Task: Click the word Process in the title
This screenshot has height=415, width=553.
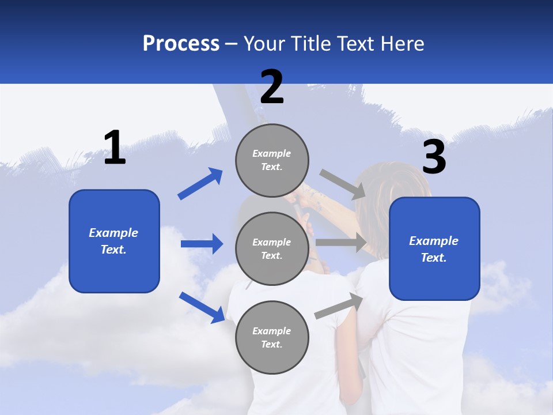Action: coord(181,44)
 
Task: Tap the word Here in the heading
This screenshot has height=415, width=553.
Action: coord(403,44)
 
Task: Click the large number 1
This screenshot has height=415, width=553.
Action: coord(115,149)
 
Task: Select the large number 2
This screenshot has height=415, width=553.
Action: coord(272,88)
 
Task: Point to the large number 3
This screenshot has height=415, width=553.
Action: coord(434,158)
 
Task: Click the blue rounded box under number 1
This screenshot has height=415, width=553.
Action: coord(114,241)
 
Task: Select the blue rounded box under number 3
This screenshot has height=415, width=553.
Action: coord(434,248)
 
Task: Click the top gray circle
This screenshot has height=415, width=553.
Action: coord(272,160)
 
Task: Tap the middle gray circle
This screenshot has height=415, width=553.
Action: coord(272,248)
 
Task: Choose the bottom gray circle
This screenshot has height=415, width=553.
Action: coord(272,337)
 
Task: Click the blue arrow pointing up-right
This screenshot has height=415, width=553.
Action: coord(200,184)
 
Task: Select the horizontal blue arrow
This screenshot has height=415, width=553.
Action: coord(202,244)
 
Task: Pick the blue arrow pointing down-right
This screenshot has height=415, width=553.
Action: coord(202,307)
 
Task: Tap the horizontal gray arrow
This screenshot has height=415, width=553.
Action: coord(341,243)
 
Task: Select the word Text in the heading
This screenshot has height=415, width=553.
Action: coord(357,44)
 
